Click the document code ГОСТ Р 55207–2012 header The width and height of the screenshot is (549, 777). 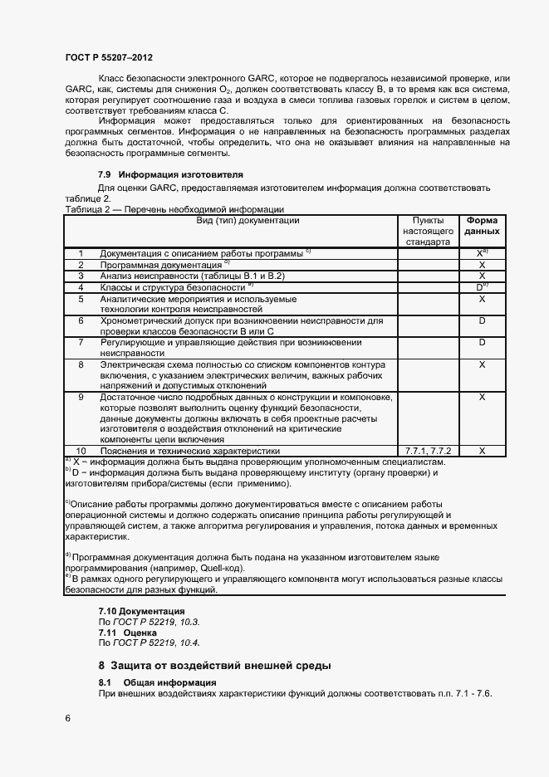point(108,58)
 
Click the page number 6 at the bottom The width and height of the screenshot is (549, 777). point(67,717)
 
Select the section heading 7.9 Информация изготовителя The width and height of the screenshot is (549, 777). point(170,175)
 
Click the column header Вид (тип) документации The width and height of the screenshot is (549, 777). point(236,221)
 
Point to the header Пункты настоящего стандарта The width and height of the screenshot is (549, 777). point(427,231)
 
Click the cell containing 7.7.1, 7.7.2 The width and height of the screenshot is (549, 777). point(427,450)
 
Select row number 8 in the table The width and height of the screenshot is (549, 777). point(81,364)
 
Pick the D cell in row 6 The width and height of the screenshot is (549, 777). point(482,320)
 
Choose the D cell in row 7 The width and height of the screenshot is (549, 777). point(482,342)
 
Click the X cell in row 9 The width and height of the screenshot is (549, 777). point(482,397)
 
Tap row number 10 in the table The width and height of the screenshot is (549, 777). point(81,450)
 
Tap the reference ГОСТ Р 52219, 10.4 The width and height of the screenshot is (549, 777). point(154,643)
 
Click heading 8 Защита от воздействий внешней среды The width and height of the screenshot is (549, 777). point(214,666)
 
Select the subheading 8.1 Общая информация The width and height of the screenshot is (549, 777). point(158,682)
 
